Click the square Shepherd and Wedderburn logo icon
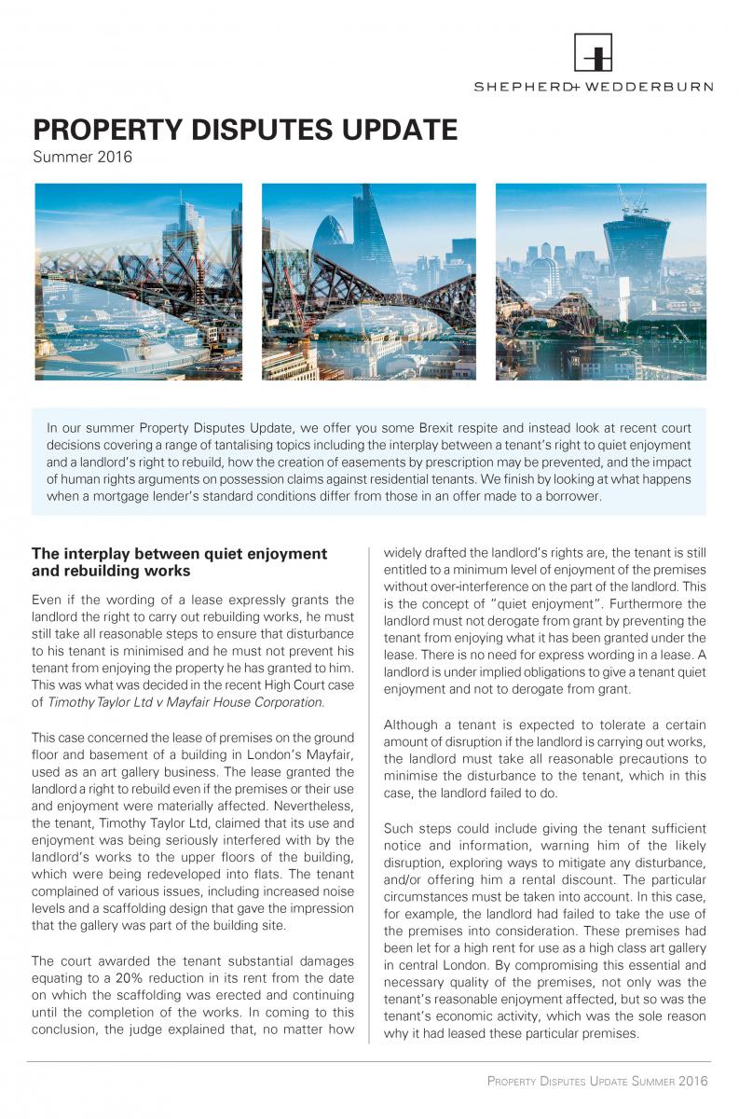593,52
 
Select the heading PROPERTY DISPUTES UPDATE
245,129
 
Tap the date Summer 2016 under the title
83,157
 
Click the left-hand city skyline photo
138,282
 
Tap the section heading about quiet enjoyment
179,561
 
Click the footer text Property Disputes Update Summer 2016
597,1081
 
